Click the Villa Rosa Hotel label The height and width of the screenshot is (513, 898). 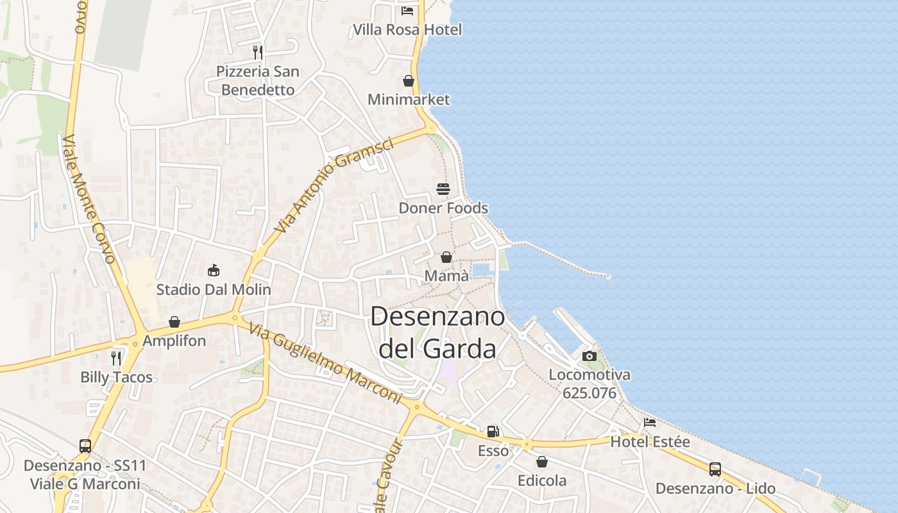(x=407, y=29)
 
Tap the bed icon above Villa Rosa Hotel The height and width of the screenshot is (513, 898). (x=407, y=10)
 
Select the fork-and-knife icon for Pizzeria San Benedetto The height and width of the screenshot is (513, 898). (x=258, y=52)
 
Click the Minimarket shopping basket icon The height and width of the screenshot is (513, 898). (x=409, y=81)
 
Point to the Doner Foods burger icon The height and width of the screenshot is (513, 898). (x=443, y=189)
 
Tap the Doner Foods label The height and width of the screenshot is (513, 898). (x=443, y=208)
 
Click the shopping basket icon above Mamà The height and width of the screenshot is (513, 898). (x=446, y=257)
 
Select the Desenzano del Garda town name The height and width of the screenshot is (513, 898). (x=437, y=333)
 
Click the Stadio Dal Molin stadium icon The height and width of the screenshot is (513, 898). (x=214, y=270)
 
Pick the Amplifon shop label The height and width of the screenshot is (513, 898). (x=174, y=341)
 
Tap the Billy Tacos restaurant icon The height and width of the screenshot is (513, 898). (x=116, y=358)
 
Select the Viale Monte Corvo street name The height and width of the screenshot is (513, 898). (x=89, y=199)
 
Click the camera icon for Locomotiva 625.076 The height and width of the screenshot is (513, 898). (x=589, y=356)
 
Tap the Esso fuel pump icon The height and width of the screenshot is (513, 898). (x=493, y=432)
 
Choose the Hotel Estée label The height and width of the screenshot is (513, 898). (x=650, y=442)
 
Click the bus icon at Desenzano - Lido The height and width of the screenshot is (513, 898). (x=715, y=469)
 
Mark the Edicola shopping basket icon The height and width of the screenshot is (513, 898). (x=542, y=462)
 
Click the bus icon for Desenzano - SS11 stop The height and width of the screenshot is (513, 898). (x=85, y=446)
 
